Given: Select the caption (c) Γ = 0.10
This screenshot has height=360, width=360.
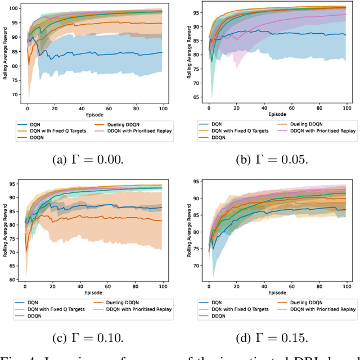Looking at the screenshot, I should pos(89,337).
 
